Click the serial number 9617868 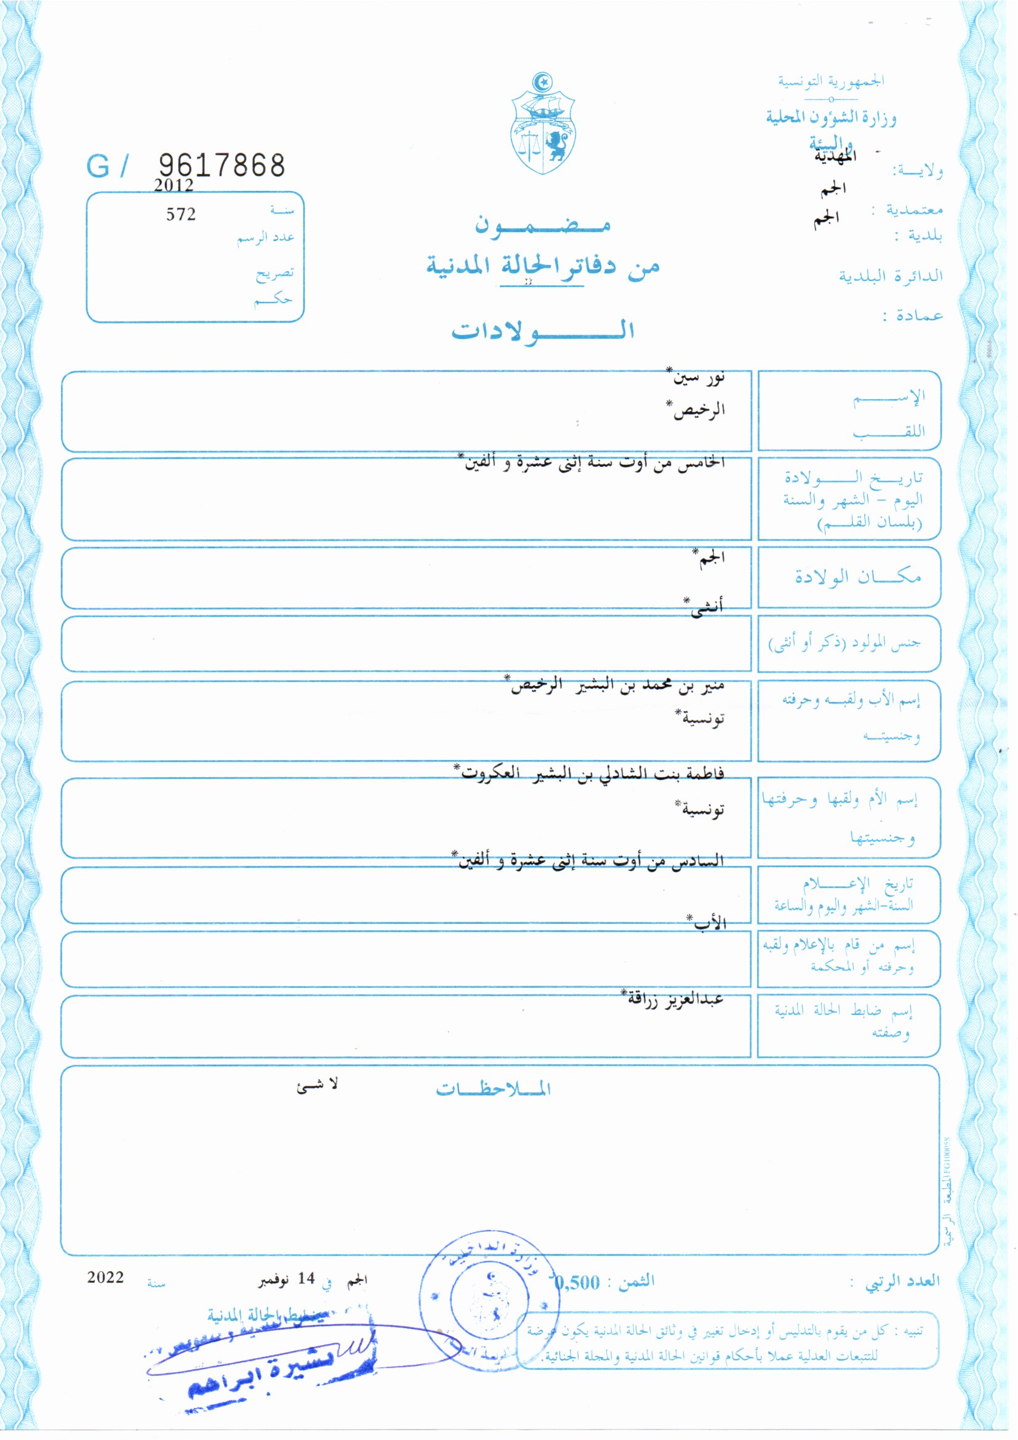pyautogui.click(x=222, y=166)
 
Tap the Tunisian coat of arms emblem pyautogui.click(x=543, y=124)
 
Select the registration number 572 pyautogui.click(x=180, y=214)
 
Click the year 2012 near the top pyautogui.click(x=174, y=185)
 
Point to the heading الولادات pyautogui.click(x=543, y=331)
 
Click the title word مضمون pyautogui.click(x=543, y=225)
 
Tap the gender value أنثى pyautogui.click(x=705, y=607)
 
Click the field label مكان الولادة pyautogui.click(x=857, y=576)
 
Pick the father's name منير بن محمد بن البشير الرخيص pyautogui.click(x=617, y=686)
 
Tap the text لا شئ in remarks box pyautogui.click(x=317, y=1085)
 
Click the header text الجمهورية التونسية pyautogui.click(x=831, y=81)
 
